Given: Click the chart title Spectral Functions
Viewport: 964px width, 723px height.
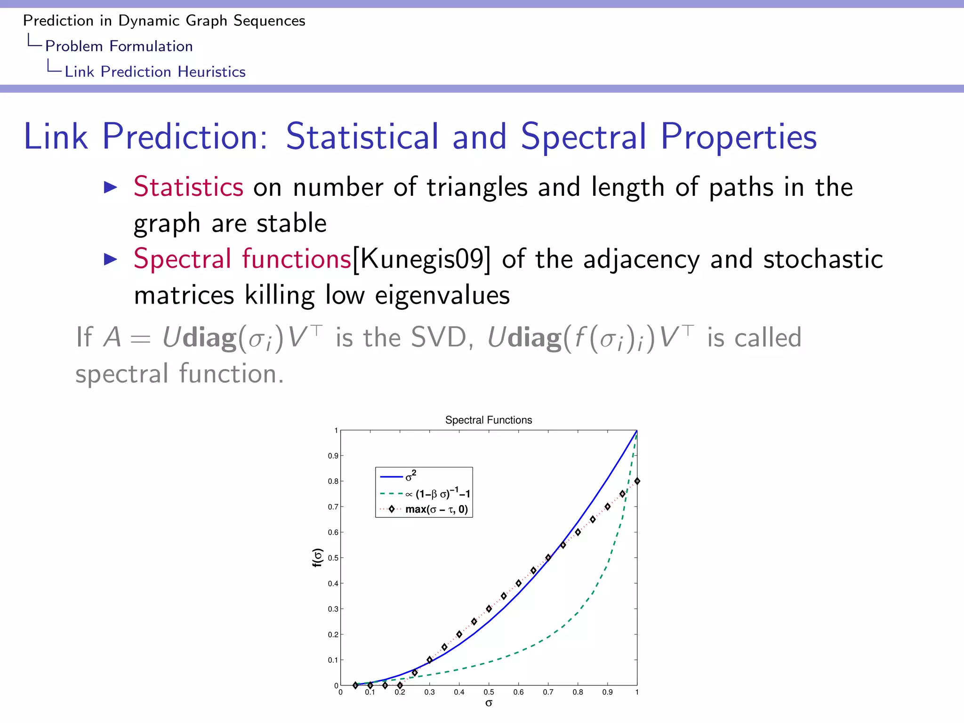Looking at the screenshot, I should point(488,420).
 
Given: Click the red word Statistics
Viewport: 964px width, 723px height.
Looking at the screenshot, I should point(188,186).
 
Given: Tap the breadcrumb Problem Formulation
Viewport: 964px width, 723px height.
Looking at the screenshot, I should point(119,46).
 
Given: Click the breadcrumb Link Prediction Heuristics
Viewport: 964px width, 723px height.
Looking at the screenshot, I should point(155,72).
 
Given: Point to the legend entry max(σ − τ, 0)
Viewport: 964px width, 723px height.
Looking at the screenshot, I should point(436,509).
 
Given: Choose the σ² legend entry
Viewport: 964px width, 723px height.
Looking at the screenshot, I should point(410,476).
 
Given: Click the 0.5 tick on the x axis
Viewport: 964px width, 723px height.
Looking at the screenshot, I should point(489,692).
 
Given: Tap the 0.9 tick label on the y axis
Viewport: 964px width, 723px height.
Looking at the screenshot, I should point(333,456).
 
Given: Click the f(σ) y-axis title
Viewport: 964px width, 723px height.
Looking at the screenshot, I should point(318,557).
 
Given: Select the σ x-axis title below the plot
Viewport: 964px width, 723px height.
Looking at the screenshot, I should point(489,703).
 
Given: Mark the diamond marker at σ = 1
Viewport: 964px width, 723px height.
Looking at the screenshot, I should point(637,481).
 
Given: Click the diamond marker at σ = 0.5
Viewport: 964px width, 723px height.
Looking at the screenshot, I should point(489,609).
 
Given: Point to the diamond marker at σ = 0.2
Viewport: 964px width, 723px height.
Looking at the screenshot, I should point(400,685).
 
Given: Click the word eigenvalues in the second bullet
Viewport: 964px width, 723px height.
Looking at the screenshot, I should point(442,296).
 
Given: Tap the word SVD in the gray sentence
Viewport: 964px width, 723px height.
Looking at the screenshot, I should point(438,337).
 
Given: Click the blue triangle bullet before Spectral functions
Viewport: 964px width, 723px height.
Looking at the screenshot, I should point(110,259).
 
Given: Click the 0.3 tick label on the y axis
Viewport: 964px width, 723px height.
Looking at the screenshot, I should point(333,609).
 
